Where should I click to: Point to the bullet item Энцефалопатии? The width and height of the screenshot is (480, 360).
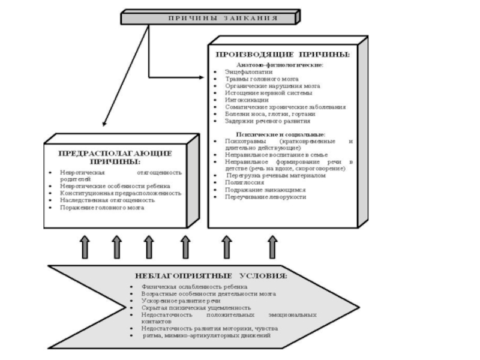(240, 71)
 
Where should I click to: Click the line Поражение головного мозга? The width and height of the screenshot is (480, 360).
(102, 208)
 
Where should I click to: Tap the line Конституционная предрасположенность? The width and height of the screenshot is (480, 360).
(120, 193)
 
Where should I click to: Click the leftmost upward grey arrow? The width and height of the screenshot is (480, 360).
(85, 246)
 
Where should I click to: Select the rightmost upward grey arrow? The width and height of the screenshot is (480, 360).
(274, 246)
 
